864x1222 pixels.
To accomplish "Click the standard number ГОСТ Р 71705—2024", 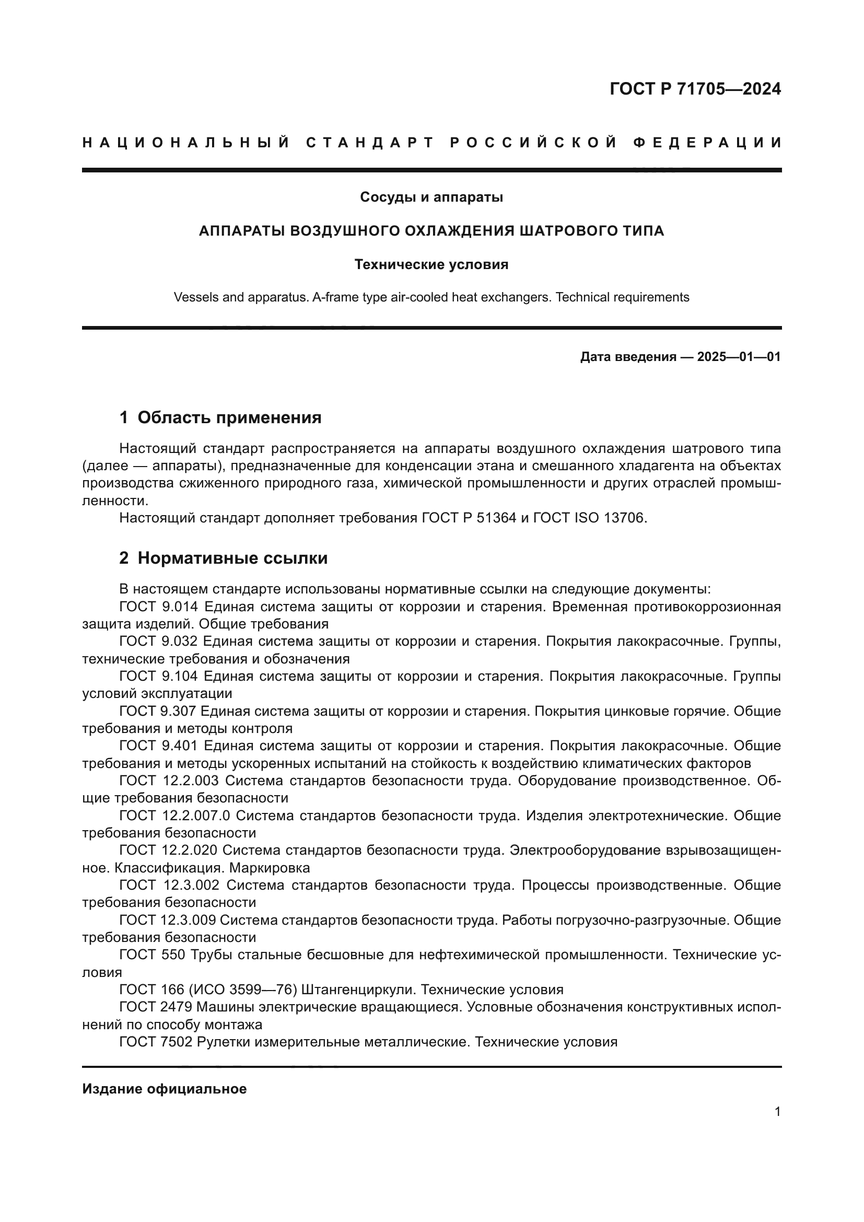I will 695,89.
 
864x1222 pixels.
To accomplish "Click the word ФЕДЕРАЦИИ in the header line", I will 707,143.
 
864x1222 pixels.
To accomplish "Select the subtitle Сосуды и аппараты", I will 431,197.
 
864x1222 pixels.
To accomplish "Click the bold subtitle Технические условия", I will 431,264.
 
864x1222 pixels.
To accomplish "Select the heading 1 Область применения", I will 220,417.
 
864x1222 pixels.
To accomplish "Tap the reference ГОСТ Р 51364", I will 468,518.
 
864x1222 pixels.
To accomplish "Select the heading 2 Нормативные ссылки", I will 224,558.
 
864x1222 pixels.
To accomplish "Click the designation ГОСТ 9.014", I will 159,607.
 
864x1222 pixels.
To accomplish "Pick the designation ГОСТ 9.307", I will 159,711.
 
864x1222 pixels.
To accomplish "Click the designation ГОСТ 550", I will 151,955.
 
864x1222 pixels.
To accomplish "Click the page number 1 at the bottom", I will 777,1112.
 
